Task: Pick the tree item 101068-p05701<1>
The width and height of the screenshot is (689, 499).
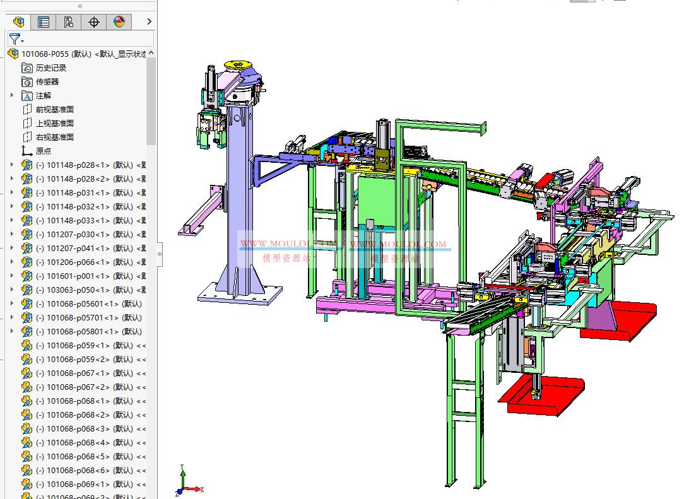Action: tap(82, 318)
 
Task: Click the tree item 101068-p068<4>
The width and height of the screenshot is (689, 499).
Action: tap(79, 443)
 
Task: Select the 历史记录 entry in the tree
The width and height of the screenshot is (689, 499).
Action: tap(51, 68)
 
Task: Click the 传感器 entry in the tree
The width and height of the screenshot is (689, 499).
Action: tap(47, 82)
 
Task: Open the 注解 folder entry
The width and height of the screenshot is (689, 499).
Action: tap(44, 96)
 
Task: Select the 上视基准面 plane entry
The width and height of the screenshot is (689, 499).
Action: tap(55, 124)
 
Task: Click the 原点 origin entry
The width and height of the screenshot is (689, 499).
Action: tap(44, 151)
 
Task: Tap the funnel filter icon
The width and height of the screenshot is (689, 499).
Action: tap(15, 39)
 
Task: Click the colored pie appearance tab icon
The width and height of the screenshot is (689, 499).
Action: tap(119, 22)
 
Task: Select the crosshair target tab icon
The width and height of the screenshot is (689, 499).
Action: tap(94, 22)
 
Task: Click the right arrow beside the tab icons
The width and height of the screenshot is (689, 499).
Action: tap(149, 22)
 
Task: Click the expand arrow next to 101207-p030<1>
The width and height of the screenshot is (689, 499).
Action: tap(12, 235)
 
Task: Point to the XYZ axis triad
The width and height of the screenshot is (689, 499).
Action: tap(186, 483)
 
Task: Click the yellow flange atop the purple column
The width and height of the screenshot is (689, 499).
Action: tap(238, 66)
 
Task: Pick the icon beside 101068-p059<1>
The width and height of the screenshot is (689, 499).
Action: tap(26, 346)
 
